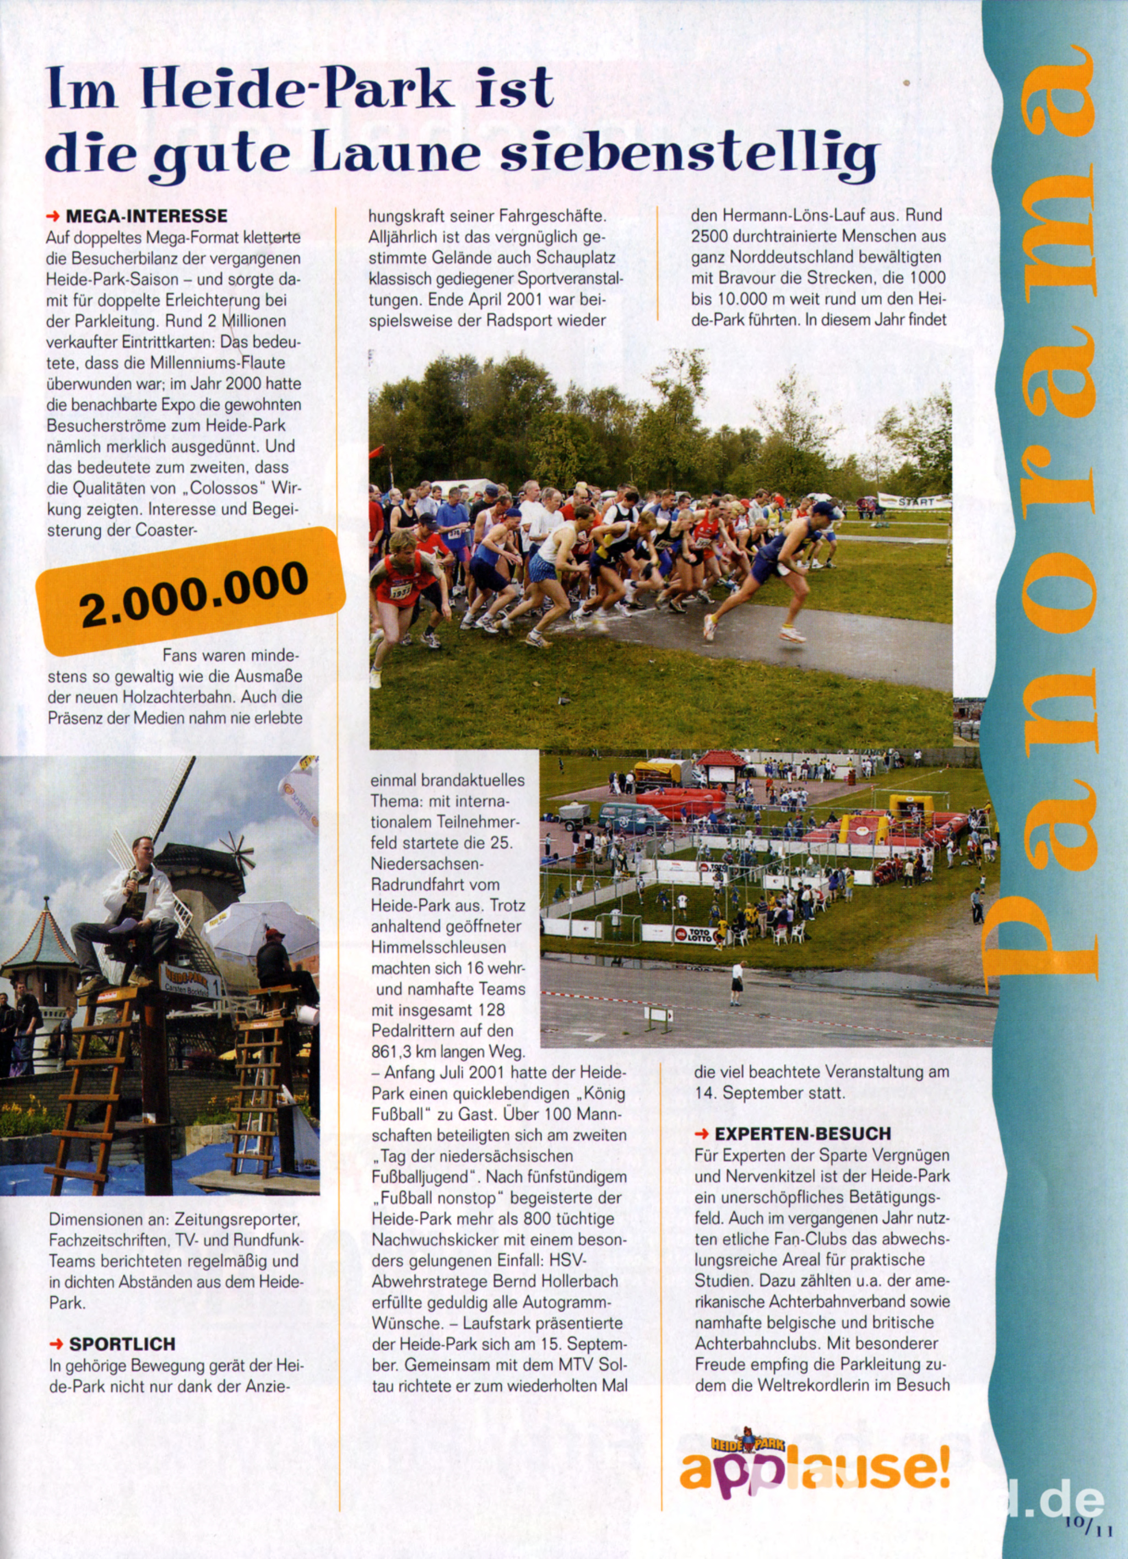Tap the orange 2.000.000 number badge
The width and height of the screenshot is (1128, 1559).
(191, 592)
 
